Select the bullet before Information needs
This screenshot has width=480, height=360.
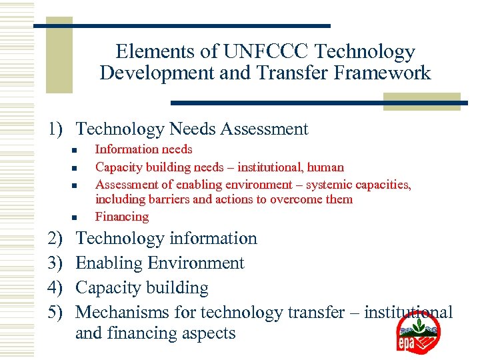pyautogui.click(x=76, y=150)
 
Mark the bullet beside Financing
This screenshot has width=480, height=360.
pyautogui.click(x=76, y=217)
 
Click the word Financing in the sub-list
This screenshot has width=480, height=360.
pyautogui.click(x=122, y=217)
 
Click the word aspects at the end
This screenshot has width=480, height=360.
pyautogui.click(x=208, y=333)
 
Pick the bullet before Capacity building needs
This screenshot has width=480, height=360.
pyautogui.click(x=76, y=167)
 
